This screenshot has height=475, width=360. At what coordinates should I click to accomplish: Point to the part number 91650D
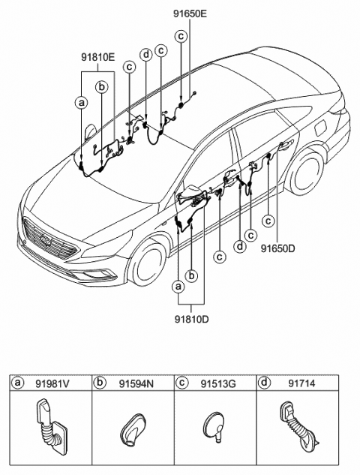(277, 246)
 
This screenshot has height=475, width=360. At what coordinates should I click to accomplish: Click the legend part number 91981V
(51, 383)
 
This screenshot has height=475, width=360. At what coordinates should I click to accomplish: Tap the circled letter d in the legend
(263, 383)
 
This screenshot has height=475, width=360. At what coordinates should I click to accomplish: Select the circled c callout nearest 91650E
(181, 36)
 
